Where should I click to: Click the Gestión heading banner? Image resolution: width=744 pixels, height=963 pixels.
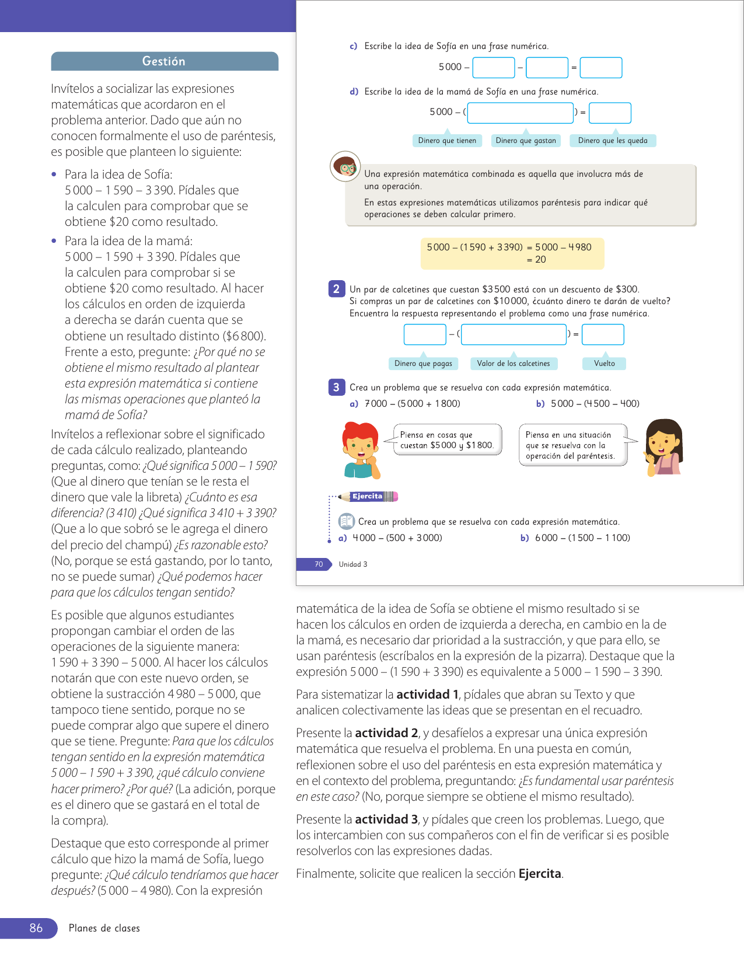(165, 61)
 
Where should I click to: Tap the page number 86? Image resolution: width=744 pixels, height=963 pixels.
(36, 928)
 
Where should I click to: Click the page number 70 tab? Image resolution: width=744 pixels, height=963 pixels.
(319, 564)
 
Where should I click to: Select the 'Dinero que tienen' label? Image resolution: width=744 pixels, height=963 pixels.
(447, 141)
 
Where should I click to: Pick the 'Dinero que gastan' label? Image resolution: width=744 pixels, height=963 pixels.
(526, 141)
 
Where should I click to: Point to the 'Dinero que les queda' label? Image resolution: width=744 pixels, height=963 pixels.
(613, 141)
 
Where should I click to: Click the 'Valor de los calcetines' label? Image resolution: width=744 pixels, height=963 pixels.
(514, 364)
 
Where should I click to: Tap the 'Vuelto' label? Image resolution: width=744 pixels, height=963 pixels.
(605, 364)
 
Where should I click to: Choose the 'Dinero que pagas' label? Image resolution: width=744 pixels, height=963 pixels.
(423, 364)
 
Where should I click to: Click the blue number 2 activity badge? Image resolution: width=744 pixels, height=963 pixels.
(336, 289)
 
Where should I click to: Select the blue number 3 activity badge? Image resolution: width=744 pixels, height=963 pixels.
(336, 387)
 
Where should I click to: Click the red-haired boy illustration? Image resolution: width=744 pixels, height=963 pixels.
(361, 449)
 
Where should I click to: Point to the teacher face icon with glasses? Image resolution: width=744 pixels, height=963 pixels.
(345, 166)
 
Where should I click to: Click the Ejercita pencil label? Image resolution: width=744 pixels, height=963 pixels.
(369, 497)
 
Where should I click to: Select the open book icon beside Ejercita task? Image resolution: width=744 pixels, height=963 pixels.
(347, 521)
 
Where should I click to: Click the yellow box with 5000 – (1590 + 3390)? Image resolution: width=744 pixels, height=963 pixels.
(512, 253)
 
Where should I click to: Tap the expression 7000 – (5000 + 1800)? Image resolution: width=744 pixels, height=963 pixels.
(412, 404)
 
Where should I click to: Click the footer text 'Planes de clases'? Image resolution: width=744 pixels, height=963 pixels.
(104, 928)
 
